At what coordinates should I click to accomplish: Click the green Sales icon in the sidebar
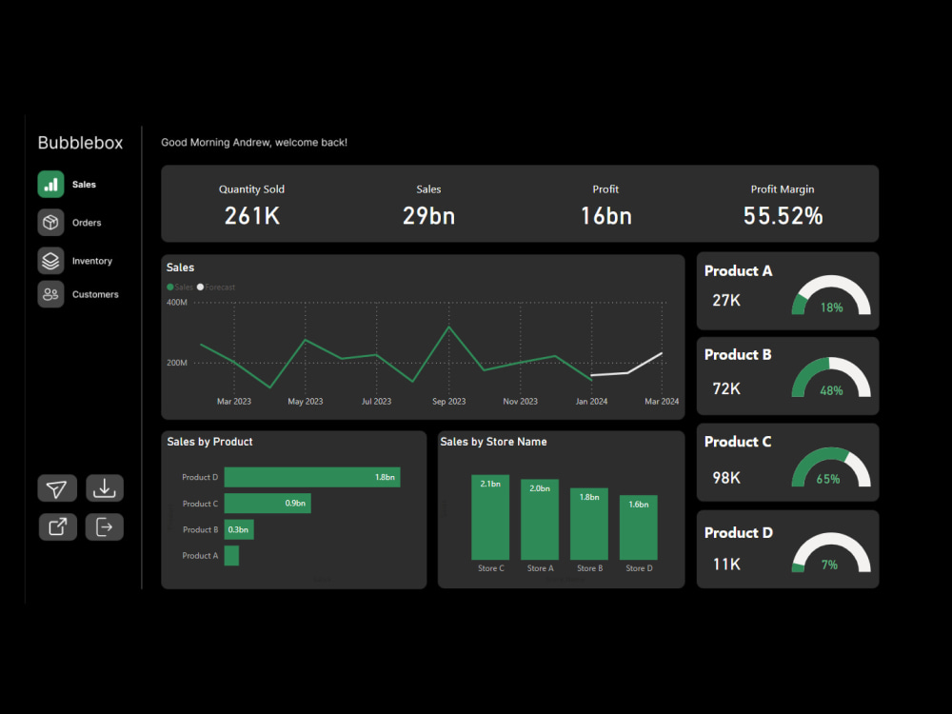(x=50, y=185)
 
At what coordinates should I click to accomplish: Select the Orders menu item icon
(x=50, y=223)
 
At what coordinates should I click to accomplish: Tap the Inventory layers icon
(x=50, y=261)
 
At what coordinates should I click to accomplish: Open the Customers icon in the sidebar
(x=50, y=294)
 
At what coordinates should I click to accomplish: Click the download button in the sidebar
(x=105, y=488)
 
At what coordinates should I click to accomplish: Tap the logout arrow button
(x=105, y=526)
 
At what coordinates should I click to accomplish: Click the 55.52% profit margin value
(x=783, y=216)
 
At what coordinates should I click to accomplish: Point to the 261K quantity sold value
(x=251, y=216)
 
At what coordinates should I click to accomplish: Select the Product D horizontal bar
(x=311, y=477)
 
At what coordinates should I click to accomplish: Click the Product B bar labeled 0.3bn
(x=238, y=529)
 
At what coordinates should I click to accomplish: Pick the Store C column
(x=490, y=517)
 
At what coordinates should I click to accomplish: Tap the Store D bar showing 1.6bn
(x=639, y=526)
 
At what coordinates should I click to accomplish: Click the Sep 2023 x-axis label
(x=448, y=402)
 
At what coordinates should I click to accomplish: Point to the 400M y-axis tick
(x=177, y=302)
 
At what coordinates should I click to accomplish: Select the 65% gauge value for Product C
(x=828, y=480)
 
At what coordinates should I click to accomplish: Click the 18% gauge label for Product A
(x=831, y=307)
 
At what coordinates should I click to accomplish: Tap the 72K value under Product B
(x=726, y=388)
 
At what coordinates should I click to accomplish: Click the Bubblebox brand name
(x=80, y=143)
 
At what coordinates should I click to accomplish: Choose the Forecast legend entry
(x=219, y=287)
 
